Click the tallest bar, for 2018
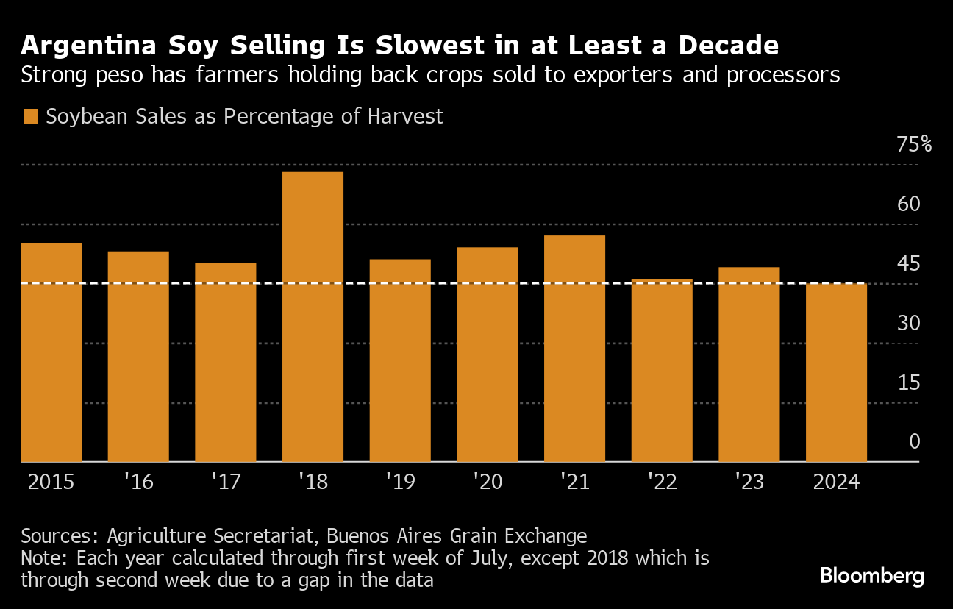(313, 316)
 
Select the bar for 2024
(836, 372)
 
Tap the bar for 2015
(51, 352)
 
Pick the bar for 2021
(574, 348)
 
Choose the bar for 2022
(662, 370)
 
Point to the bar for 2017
(226, 362)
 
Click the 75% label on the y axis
(914, 144)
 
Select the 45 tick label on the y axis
(909, 263)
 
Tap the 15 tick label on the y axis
(909, 382)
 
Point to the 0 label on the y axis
(915, 441)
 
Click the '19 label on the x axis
(400, 482)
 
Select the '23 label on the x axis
(749, 482)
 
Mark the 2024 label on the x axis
(836, 482)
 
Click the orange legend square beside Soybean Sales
(30, 117)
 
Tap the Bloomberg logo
(872, 575)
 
